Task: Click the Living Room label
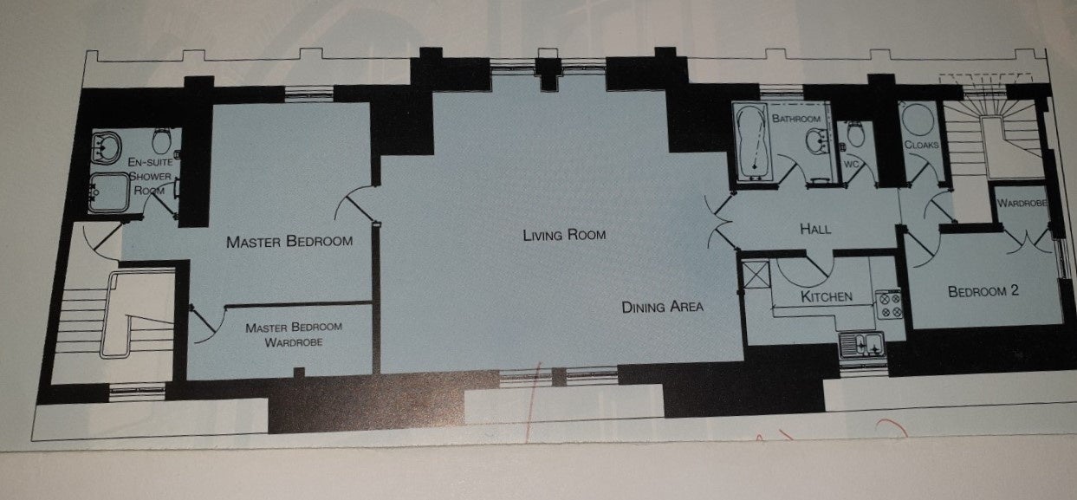(564, 235)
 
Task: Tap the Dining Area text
(663, 307)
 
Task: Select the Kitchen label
(827, 296)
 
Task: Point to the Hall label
(815, 229)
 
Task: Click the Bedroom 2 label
(983, 291)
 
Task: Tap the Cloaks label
(921, 144)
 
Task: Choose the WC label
(851, 165)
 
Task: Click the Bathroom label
(796, 118)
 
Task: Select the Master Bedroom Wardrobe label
(294, 334)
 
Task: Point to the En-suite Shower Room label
(150, 176)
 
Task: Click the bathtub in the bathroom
(753, 143)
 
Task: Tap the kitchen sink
(863, 344)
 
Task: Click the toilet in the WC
(855, 133)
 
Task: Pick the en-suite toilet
(163, 140)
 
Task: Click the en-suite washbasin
(106, 147)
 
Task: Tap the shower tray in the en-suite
(109, 192)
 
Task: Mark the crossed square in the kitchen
(756, 275)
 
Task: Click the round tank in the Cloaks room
(918, 120)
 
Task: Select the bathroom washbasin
(818, 141)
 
